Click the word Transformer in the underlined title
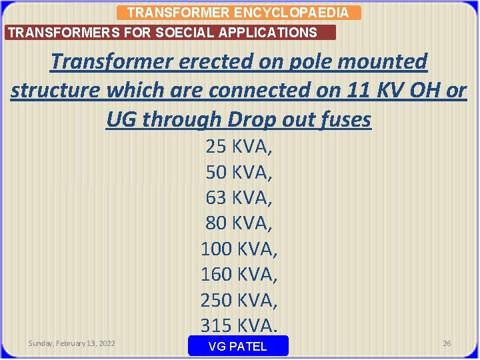(x=110, y=62)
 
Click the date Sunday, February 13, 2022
(x=71, y=343)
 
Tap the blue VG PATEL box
(x=238, y=346)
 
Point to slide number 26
(x=447, y=343)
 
